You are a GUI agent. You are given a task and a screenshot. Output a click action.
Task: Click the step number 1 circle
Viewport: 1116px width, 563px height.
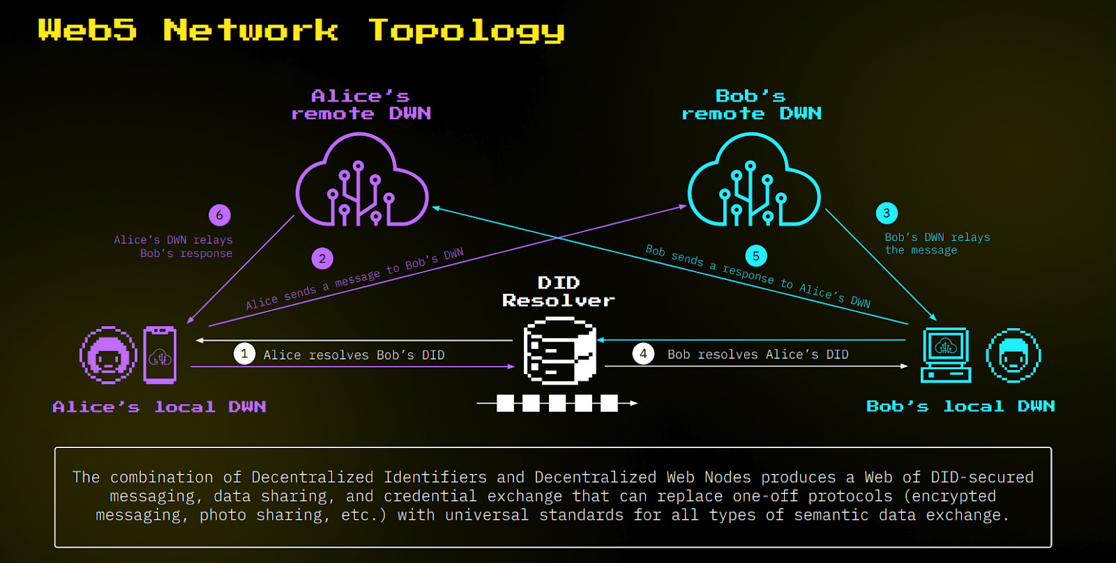point(244,354)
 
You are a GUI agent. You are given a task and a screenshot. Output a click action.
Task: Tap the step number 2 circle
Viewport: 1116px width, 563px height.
point(322,259)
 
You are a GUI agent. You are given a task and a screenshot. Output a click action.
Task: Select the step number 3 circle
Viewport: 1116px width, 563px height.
point(887,213)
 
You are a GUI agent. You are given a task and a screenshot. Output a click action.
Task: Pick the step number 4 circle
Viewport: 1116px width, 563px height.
point(643,354)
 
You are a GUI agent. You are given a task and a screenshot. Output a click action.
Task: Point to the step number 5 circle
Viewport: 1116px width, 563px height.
point(756,256)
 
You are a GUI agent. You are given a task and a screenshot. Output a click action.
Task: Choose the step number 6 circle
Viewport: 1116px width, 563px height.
point(219,215)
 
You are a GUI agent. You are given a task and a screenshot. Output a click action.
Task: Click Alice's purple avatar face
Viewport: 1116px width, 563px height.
point(108,355)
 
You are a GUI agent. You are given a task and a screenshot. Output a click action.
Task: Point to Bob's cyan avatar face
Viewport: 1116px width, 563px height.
point(1013,355)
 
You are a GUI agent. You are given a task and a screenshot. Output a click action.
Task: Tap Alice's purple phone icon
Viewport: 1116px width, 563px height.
point(160,355)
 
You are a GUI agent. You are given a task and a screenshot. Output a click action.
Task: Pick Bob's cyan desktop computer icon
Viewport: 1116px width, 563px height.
point(946,355)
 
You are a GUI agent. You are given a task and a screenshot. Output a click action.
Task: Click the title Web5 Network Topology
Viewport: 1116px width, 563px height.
point(301,31)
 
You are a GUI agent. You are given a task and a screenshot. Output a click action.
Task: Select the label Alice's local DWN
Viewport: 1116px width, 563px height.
point(159,407)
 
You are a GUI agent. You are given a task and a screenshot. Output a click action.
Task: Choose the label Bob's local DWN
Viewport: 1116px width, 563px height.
point(960,406)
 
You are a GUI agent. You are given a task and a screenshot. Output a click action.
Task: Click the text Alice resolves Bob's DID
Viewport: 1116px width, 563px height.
point(354,355)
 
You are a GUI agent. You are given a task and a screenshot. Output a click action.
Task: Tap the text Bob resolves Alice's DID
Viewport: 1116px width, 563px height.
point(757,355)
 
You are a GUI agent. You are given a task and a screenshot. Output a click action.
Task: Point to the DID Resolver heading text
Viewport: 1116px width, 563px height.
point(559,292)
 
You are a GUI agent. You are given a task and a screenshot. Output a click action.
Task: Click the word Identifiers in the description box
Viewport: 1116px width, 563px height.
point(435,477)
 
